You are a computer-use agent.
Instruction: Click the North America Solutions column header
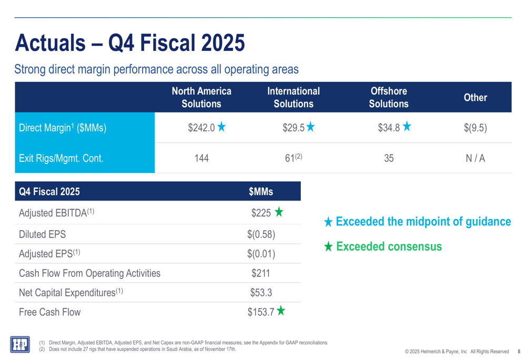pos(201,97)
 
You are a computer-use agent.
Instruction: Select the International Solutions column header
pos(294,97)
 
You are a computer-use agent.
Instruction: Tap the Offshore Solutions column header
pos(388,97)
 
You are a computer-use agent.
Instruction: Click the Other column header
pos(475,97)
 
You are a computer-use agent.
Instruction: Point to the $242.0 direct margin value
pos(201,127)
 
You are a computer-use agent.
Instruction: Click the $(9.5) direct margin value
pos(475,128)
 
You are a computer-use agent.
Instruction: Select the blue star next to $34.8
pos(407,127)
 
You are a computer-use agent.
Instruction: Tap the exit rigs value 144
pos(201,158)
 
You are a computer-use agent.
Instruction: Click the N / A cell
pos(475,158)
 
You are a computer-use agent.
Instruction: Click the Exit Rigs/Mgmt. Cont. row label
pos(61,158)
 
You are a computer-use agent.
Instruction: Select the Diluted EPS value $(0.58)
pos(261,234)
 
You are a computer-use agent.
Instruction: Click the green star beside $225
pos(279,212)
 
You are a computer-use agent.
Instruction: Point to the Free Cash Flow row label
pos(50,312)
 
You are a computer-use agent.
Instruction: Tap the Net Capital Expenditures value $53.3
pos(261,293)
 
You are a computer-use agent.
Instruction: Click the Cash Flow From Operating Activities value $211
pos(261,273)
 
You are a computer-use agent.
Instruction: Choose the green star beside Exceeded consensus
pos(328,246)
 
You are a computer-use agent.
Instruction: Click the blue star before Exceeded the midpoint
pos(328,222)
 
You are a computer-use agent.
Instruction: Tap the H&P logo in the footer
pos(20,344)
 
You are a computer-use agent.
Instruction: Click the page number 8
pos(519,352)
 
